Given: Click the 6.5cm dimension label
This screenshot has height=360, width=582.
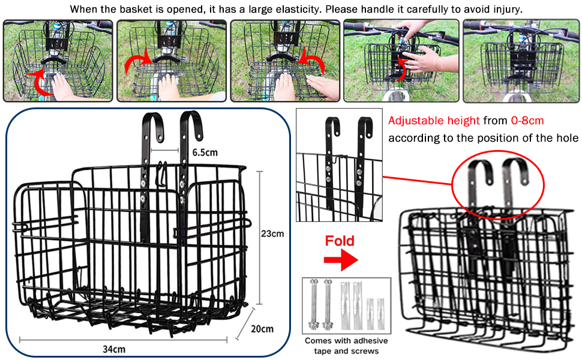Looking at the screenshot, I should click(205, 152).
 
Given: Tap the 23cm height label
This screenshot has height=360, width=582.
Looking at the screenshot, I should click(273, 233).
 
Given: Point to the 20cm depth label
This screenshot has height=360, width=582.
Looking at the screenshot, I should click(263, 329).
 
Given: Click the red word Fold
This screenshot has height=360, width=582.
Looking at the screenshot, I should click(340, 241).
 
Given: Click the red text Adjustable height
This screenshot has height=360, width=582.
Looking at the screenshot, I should click(434, 121).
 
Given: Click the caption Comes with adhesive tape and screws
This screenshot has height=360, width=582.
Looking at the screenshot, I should click(347, 345).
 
